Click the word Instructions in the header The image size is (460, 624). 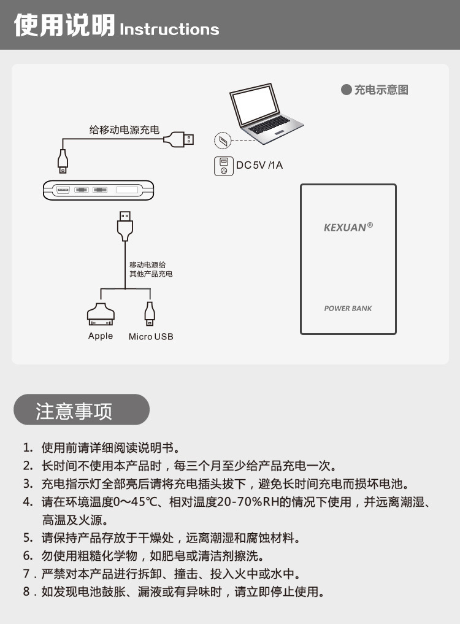pyautogui.click(x=169, y=29)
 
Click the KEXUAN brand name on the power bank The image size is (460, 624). pyautogui.click(x=346, y=228)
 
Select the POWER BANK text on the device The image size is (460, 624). pyautogui.click(x=348, y=309)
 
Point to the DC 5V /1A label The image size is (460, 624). pyautogui.click(x=259, y=165)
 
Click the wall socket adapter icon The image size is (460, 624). pyautogui.click(x=224, y=166)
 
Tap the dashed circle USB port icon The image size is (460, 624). pyautogui.click(x=223, y=141)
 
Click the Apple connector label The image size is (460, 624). pyautogui.click(x=101, y=336)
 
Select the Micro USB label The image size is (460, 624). pyautogui.click(x=151, y=337)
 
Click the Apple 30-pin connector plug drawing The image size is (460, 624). pyautogui.click(x=101, y=314)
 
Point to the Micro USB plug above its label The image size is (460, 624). pyautogui.click(x=150, y=313)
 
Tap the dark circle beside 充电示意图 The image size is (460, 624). pyautogui.click(x=346, y=90)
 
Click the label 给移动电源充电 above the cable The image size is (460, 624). pyautogui.click(x=124, y=129)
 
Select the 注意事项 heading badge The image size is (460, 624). pyautogui.click(x=82, y=409)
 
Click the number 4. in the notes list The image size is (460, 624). pyautogui.click(x=28, y=502)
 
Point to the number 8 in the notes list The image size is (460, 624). pyautogui.click(x=26, y=591)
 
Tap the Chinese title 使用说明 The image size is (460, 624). pyautogui.click(x=64, y=25)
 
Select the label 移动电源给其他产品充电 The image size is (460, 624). pyautogui.click(x=151, y=269)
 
